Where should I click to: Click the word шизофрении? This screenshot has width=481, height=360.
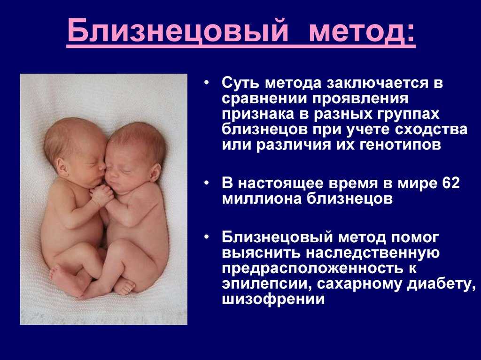coord(273,299)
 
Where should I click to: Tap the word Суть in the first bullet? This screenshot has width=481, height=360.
coord(241,83)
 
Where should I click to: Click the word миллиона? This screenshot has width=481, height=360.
coord(262,199)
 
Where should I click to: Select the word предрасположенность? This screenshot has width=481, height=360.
coord(312,268)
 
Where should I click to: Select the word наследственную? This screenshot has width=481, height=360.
coord(373,253)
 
